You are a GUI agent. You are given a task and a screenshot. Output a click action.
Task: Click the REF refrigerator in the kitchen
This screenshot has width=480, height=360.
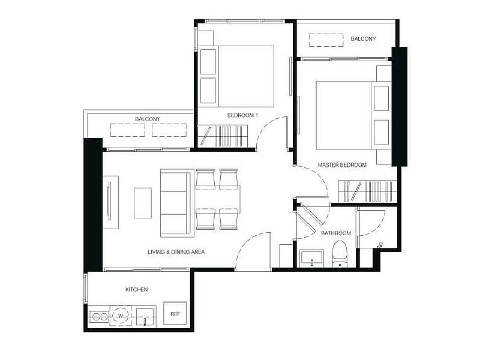point(175,313)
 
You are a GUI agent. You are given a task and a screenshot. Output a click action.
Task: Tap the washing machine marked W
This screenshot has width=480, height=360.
point(121,316)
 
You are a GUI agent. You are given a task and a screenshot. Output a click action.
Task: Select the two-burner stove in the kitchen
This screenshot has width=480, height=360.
point(98,316)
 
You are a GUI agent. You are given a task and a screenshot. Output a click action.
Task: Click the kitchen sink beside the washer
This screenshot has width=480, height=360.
point(146,317)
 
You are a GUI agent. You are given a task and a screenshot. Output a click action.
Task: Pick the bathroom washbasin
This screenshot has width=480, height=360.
point(311,258)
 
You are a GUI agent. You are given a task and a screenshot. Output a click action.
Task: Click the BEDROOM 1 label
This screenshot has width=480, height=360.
point(242,115)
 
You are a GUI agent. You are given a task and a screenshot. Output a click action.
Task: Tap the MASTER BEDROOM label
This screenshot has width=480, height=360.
point(342,165)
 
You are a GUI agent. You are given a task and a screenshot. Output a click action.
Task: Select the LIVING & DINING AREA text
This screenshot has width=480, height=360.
point(176,252)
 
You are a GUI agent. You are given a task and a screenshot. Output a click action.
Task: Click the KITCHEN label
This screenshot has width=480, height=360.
point(137,289)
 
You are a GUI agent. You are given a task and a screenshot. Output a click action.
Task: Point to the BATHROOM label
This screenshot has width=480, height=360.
point(336,233)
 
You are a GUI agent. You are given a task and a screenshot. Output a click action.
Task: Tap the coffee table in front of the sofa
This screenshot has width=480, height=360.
point(143,203)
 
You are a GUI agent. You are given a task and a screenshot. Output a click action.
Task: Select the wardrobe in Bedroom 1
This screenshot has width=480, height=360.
point(223,136)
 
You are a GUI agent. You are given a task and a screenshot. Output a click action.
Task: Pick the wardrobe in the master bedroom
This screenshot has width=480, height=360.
point(367,191)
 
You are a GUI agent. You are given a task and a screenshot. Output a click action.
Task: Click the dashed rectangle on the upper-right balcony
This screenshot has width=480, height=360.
point(326,40)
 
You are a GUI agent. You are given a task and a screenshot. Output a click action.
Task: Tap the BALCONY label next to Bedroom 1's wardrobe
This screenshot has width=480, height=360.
point(148,119)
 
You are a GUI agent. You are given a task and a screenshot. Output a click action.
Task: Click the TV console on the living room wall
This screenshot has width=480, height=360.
point(110,202)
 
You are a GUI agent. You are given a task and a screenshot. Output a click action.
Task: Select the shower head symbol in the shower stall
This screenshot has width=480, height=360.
point(381,245)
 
